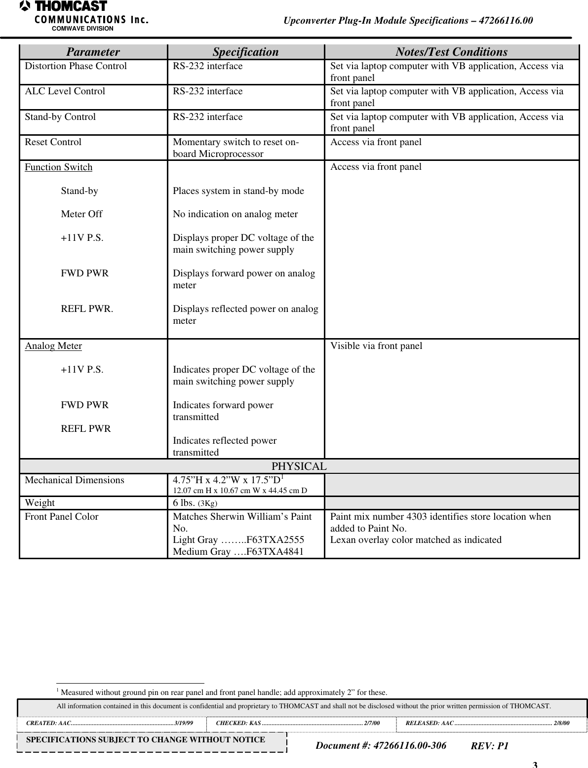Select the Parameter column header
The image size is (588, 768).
coord(93,52)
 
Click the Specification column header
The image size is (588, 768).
coord(245,52)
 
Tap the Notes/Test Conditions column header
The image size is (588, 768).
coord(451,52)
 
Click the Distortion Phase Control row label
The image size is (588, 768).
coord(76,66)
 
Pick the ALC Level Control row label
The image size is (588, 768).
coord(65,91)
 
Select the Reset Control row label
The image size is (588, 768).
coord(53,142)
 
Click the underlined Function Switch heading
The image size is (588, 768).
coord(59,167)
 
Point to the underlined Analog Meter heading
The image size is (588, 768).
coord(53,346)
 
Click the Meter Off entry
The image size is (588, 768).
coord(81,214)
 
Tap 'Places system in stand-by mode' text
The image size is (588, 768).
coord(238,191)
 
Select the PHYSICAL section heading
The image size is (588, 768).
coord(299,466)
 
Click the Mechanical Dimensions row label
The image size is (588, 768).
coord(75,480)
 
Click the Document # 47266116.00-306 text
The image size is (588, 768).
coord(381,745)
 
